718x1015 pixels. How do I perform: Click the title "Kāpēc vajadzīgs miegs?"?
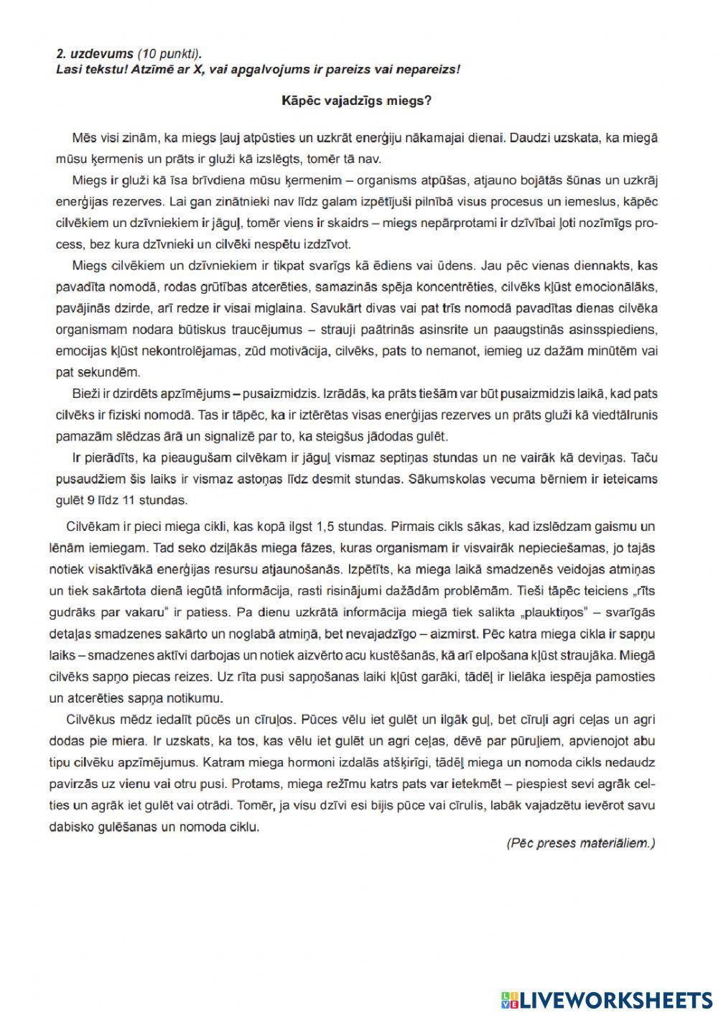coord(356,101)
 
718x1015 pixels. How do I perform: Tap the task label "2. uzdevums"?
coord(95,53)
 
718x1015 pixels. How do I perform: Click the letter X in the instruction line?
coord(197,69)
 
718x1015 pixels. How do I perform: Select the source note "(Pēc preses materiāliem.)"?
coord(580,843)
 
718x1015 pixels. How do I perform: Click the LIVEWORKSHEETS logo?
coord(606,999)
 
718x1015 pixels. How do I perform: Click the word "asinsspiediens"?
coord(618,330)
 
